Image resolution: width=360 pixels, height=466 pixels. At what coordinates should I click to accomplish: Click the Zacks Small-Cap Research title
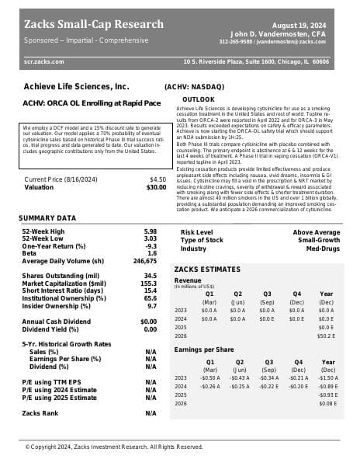[x=93, y=23]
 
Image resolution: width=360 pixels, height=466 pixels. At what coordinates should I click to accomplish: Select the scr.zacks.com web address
[x=44, y=61]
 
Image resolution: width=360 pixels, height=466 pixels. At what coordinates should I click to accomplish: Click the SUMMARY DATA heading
[x=47, y=217]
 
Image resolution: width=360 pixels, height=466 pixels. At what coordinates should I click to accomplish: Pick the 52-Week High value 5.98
[x=151, y=231]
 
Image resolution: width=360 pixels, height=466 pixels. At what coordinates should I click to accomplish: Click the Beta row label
[x=29, y=253]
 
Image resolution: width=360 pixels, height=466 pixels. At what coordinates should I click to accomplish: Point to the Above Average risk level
[x=316, y=232]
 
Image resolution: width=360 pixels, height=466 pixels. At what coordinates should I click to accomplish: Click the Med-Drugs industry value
[x=322, y=248]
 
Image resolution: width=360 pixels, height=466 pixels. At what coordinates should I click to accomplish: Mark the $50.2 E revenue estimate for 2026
[x=327, y=336]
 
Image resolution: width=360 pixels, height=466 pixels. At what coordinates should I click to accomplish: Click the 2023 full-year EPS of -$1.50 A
[x=327, y=377]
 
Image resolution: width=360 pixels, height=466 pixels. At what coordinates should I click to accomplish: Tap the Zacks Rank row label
[x=40, y=413]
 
